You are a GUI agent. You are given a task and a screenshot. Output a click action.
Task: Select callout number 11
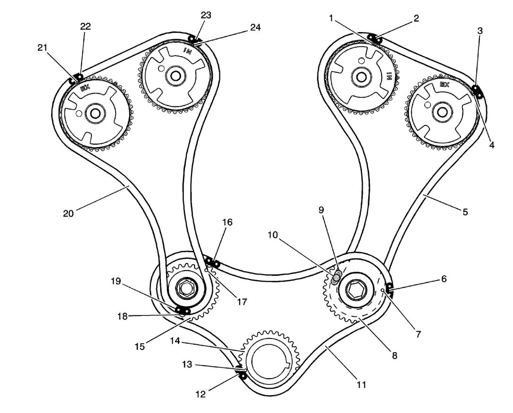tap(362, 385)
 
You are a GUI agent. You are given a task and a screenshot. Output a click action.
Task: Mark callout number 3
tap(480, 32)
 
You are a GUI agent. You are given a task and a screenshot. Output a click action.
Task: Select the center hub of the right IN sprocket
tap(362, 76)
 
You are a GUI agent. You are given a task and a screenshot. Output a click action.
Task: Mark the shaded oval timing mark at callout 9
tap(336, 278)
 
